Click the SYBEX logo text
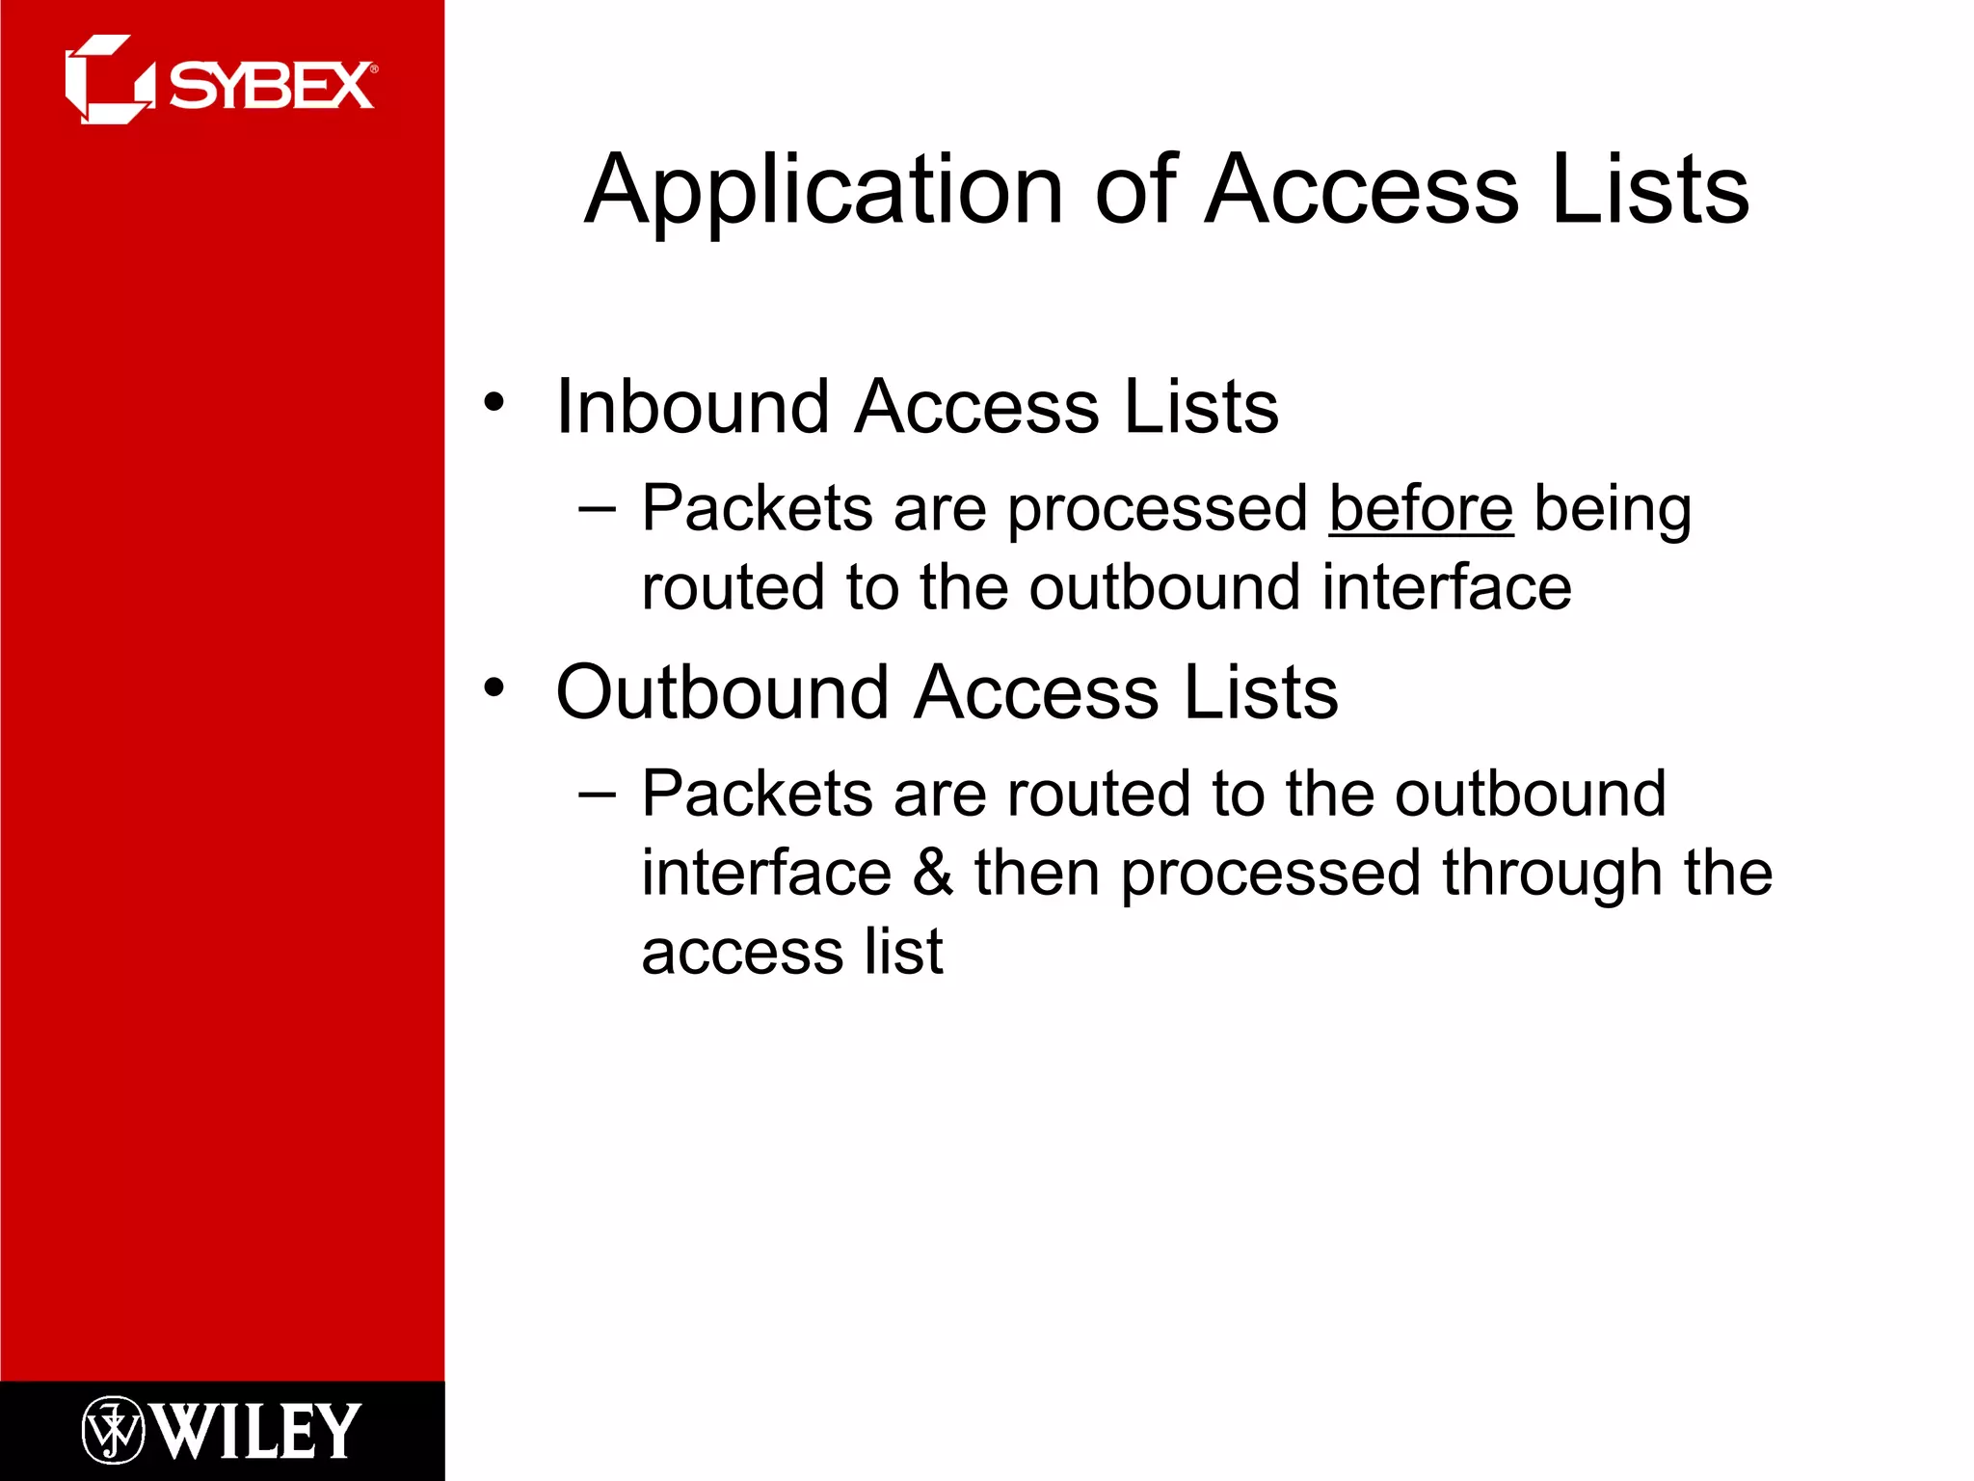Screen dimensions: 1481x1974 click(272, 87)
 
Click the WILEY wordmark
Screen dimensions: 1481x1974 click(255, 1431)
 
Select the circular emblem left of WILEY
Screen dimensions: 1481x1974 click(113, 1430)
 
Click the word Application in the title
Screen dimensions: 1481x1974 click(824, 191)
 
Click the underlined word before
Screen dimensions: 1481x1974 click(1421, 508)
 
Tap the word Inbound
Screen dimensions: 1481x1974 click(692, 407)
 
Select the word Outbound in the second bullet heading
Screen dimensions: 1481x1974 click(722, 692)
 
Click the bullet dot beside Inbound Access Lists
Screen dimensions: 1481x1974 click(494, 402)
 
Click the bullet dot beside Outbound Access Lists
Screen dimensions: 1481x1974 click(494, 687)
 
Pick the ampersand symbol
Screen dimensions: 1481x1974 click(932, 872)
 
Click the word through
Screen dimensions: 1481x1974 click(1551, 874)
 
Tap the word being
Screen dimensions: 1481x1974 click(1612, 510)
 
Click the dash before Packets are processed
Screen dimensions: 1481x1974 click(597, 509)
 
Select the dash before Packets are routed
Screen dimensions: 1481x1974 click(597, 794)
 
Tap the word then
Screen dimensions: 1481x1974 click(1036, 872)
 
